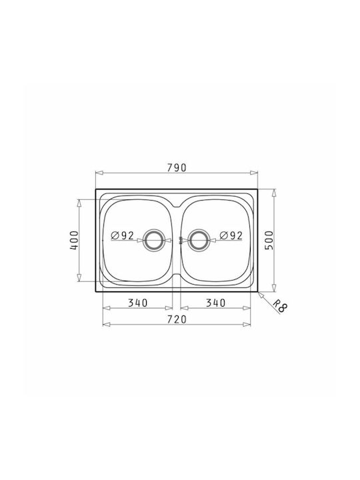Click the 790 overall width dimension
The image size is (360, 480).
point(177,168)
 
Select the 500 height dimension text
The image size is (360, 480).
point(269,240)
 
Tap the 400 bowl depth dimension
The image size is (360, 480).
point(75,240)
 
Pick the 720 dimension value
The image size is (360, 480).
point(177,319)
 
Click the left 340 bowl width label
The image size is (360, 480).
point(138,303)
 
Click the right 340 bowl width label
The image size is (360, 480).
point(215,303)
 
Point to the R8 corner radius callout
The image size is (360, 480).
point(280,306)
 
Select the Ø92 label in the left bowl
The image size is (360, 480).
point(123,235)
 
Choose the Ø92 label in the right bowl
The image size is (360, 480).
point(231,235)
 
